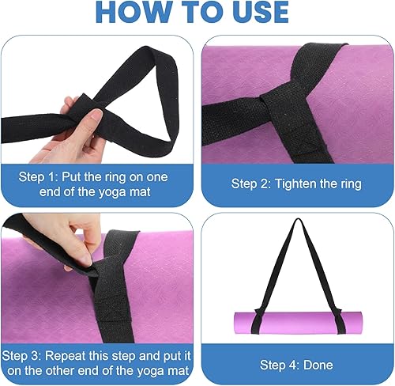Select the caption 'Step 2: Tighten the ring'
tap(296, 184)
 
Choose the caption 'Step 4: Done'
tap(296, 365)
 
